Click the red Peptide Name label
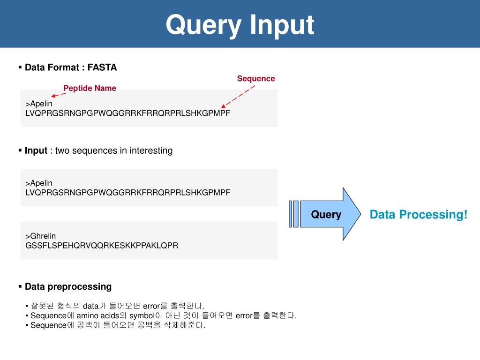[90, 88]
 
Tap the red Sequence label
[256, 78]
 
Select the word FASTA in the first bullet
[102, 67]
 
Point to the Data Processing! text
[419, 215]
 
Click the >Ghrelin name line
[41, 236]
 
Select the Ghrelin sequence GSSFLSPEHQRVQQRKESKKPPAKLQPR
[102, 245]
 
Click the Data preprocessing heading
[68, 286]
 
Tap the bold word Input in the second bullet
[36, 150]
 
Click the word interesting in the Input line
[151, 150]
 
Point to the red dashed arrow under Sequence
[238, 96]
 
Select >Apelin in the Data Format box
[39, 104]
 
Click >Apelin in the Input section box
[39, 183]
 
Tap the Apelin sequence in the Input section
[128, 192]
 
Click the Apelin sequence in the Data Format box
[128, 113]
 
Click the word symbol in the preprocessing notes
[142, 315]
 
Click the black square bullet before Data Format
[21, 67]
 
